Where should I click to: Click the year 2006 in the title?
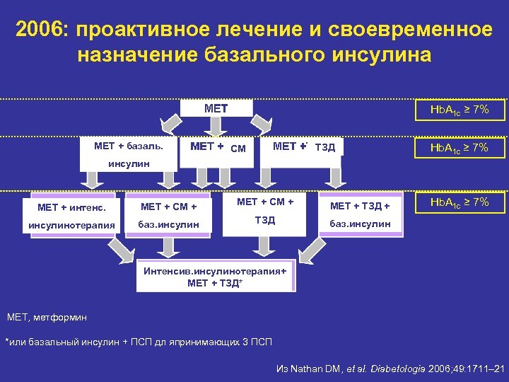point(43,30)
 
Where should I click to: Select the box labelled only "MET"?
point(216,109)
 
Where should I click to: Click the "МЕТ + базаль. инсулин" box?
point(128,153)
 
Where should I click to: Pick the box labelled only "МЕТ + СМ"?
point(218,148)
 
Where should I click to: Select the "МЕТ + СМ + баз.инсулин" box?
point(168,215)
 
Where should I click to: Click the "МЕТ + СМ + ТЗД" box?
point(264,211)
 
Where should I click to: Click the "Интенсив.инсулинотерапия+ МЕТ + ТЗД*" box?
point(215,277)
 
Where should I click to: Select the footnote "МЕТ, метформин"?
point(47,318)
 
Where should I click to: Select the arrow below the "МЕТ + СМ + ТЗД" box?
point(263,245)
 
